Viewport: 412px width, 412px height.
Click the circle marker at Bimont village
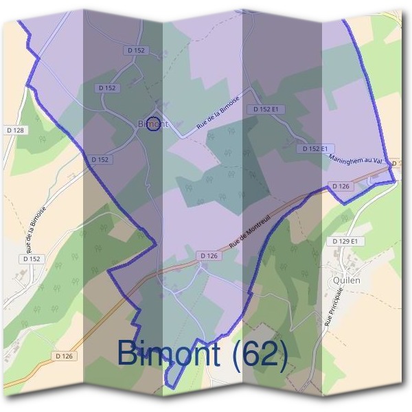tap(154, 124)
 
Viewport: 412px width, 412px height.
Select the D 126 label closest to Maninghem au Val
tap(341, 186)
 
